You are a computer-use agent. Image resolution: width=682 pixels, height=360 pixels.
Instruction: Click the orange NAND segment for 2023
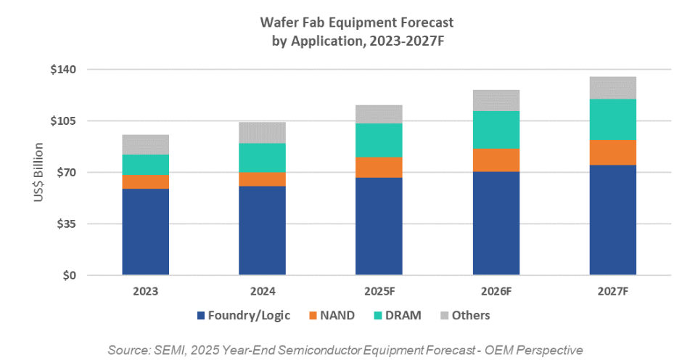click(x=145, y=181)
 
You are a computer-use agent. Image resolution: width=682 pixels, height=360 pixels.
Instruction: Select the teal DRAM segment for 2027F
click(x=613, y=120)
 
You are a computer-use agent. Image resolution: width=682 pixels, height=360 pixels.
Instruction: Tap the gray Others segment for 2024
click(x=262, y=132)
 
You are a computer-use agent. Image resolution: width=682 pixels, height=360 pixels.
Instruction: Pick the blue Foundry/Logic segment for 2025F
click(x=379, y=226)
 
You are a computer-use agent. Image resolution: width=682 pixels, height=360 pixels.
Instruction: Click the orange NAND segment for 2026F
click(x=496, y=160)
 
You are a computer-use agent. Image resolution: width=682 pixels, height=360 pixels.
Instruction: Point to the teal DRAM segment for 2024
click(x=262, y=157)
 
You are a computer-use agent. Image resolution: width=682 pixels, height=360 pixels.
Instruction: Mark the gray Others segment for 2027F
click(x=613, y=88)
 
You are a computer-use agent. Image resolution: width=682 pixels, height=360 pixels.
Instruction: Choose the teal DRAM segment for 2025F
click(x=379, y=140)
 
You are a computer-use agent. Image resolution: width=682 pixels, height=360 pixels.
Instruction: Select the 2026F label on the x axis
click(x=496, y=292)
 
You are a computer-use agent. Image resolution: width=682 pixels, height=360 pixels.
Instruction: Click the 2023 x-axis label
click(x=145, y=292)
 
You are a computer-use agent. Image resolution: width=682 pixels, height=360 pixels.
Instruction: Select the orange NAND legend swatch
click(x=313, y=316)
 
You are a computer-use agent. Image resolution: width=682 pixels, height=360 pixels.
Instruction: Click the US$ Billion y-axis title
click(x=38, y=173)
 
